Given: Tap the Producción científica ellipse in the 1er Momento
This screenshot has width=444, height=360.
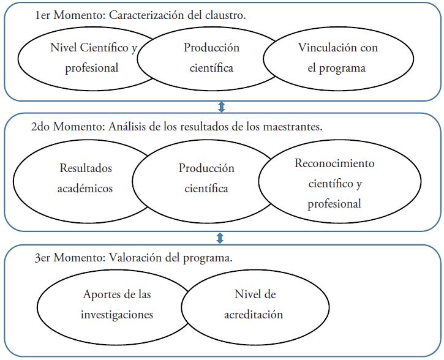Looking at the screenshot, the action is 211,58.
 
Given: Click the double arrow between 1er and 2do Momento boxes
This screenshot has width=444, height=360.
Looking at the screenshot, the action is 222,107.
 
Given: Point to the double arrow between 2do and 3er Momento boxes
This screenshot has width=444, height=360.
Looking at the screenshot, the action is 220,238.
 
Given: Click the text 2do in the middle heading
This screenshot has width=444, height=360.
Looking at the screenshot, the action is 41,127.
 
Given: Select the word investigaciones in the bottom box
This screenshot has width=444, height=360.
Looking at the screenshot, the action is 117,315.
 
